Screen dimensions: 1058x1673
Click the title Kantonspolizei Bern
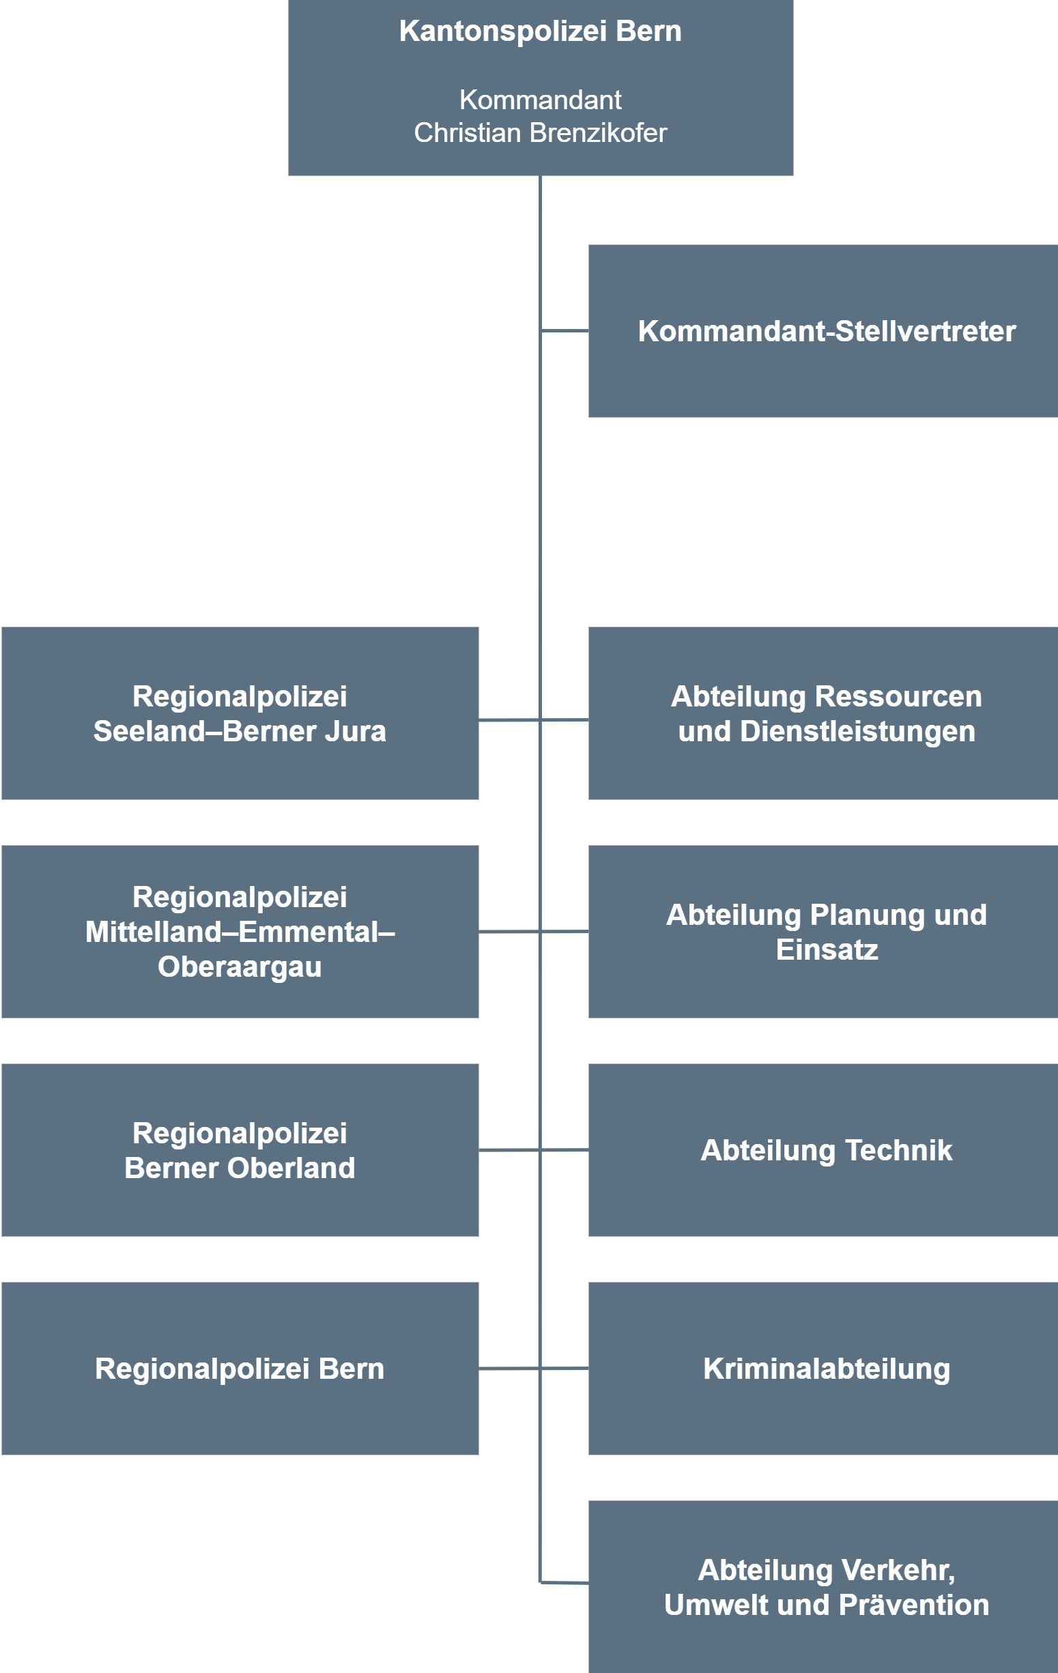(540, 31)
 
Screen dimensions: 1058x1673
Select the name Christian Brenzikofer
(540, 132)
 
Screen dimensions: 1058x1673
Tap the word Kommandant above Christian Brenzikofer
(540, 100)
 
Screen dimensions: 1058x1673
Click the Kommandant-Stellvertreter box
(823, 330)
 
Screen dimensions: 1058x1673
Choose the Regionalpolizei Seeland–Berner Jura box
(240, 713)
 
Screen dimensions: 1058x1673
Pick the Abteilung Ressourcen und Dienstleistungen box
(823, 713)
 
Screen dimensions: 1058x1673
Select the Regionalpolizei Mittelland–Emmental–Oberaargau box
(240, 931)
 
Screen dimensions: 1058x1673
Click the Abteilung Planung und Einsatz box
(823, 931)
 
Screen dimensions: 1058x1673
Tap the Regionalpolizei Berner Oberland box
(240, 1150)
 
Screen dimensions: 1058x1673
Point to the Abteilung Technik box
(823, 1150)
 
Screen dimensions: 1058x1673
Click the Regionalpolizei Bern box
(240, 1368)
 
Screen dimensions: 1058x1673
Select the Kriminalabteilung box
(823, 1368)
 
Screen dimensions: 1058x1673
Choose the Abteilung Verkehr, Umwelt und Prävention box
(823, 1587)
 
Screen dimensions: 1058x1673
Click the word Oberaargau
(240, 967)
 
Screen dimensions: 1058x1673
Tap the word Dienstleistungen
(857, 732)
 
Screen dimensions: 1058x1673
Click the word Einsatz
(827, 949)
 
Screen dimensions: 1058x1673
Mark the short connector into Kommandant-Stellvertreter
(564, 330)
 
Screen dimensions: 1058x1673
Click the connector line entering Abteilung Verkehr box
(564, 1583)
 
